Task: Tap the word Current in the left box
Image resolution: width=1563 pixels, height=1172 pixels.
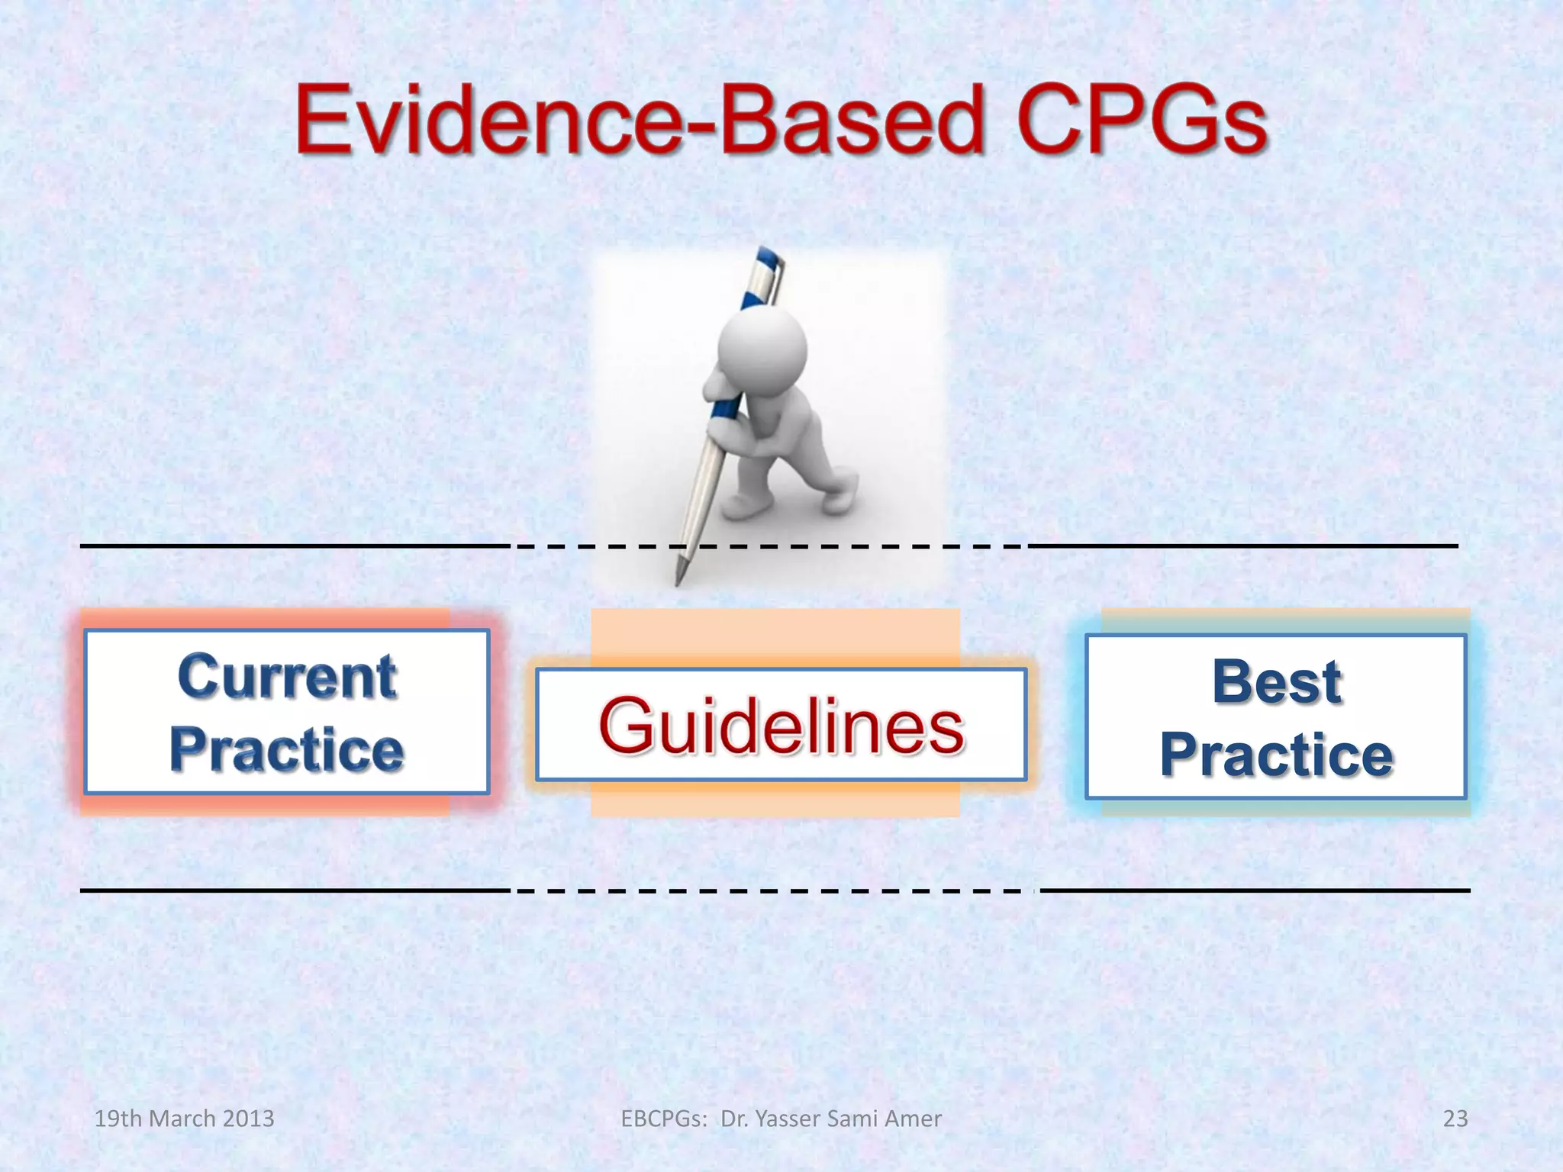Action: (x=287, y=678)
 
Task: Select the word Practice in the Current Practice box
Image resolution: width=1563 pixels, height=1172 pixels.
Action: (x=287, y=750)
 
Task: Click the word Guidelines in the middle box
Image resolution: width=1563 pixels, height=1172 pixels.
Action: (x=781, y=726)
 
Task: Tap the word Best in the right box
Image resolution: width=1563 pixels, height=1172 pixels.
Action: (x=1276, y=681)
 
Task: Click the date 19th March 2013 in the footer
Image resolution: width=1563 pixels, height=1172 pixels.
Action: (x=184, y=1119)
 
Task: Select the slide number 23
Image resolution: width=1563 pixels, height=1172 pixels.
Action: (x=1455, y=1119)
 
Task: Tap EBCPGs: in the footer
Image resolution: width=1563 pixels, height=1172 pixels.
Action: (x=664, y=1119)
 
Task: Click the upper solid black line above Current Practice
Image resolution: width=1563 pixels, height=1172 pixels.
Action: (x=294, y=546)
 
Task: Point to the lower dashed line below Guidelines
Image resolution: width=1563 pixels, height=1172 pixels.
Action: (x=771, y=890)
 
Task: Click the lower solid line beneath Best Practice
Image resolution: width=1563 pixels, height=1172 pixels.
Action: (x=1255, y=890)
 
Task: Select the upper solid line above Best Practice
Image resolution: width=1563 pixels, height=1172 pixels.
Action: (x=1244, y=546)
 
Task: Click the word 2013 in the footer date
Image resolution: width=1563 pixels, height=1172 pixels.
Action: (x=249, y=1119)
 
